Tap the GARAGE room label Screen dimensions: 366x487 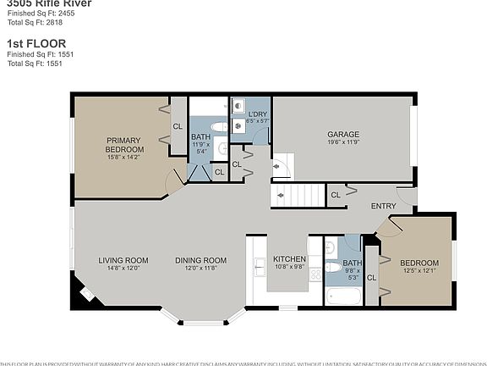(343, 134)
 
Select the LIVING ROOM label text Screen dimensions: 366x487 (123, 260)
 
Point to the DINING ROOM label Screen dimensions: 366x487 (201, 260)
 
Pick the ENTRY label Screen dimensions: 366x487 (383, 206)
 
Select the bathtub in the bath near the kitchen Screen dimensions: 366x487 (342, 297)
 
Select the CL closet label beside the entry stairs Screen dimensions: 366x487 (336, 195)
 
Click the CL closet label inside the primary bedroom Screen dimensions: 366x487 (178, 126)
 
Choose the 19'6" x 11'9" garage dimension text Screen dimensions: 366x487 (343, 142)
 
